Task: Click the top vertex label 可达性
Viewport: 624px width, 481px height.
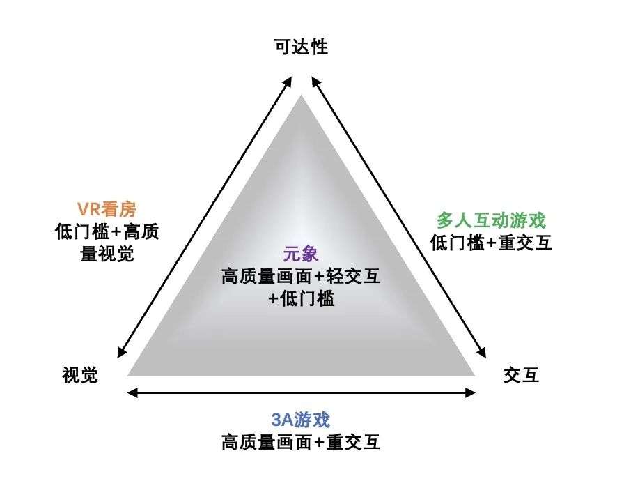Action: click(301, 47)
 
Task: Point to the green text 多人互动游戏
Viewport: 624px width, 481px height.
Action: click(491, 220)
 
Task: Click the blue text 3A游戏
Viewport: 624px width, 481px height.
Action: click(300, 420)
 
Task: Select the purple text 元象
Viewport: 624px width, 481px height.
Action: click(300, 254)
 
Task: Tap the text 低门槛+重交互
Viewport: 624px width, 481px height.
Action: click(491, 243)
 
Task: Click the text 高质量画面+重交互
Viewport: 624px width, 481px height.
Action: click(300, 442)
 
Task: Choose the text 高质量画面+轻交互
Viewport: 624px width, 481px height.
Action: click(300, 277)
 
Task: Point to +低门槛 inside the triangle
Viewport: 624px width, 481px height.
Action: click(300, 299)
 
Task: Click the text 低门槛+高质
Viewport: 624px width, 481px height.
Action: click(107, 231)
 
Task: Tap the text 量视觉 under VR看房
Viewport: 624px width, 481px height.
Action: click(107, 253)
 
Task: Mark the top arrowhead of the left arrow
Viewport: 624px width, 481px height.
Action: click(288, 79)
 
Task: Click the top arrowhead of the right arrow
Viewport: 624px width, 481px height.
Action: click(313, 79)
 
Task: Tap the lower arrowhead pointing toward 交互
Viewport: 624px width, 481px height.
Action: click(481, 354)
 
